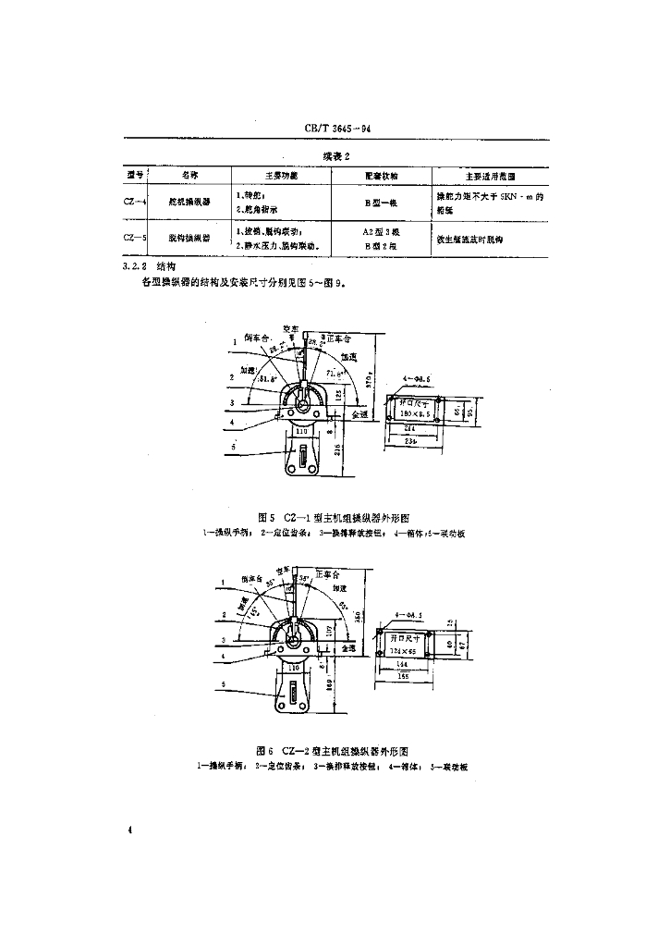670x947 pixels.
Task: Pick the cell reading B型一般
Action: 380,202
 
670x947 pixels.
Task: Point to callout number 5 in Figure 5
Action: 235,448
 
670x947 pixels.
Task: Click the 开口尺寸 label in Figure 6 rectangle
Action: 404,638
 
